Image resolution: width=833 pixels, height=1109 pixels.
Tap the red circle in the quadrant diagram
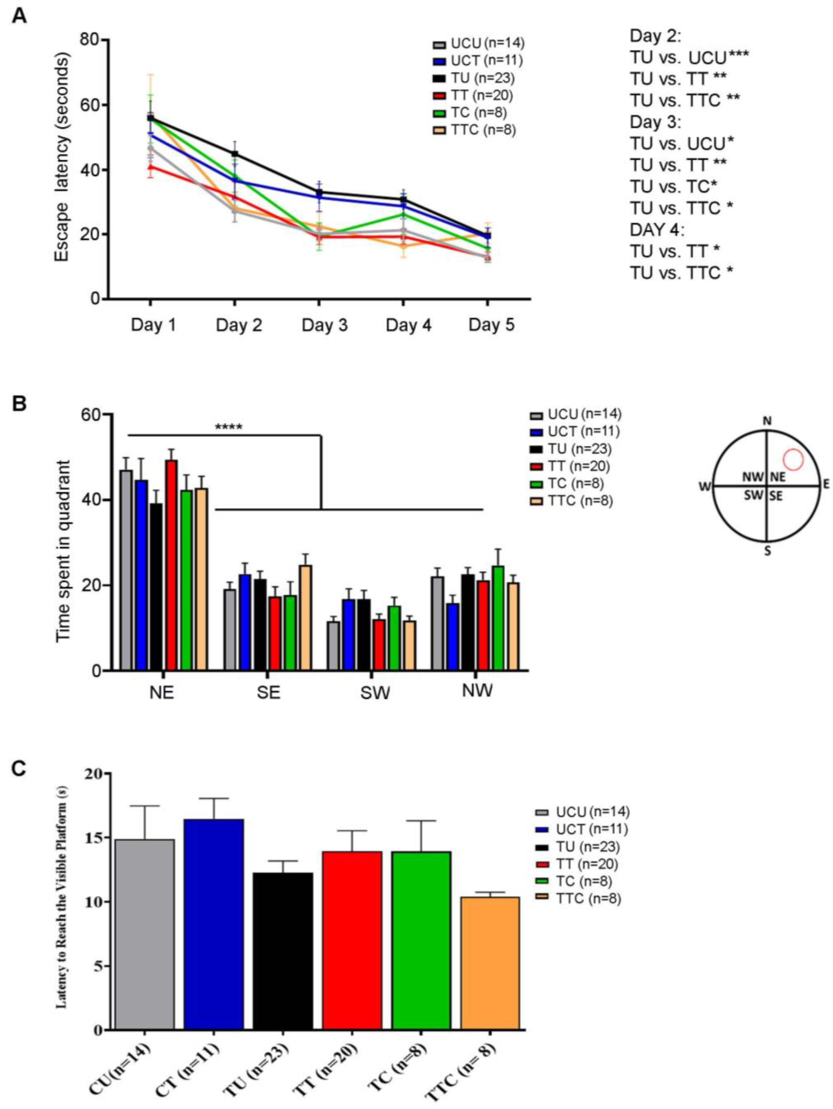pos(793,459)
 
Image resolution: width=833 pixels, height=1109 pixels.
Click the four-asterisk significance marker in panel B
pos(229,428)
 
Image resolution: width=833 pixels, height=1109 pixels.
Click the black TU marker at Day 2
pos(235,154)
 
